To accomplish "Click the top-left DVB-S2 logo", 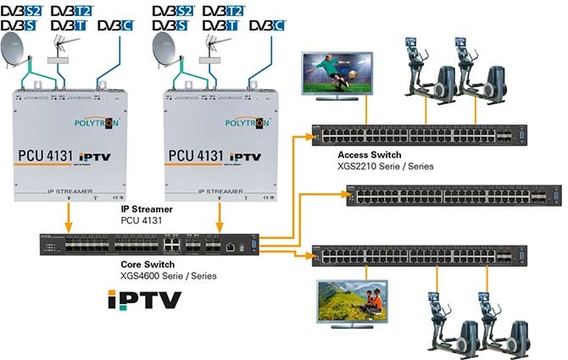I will pyautogui.click(x=25, y=13).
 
